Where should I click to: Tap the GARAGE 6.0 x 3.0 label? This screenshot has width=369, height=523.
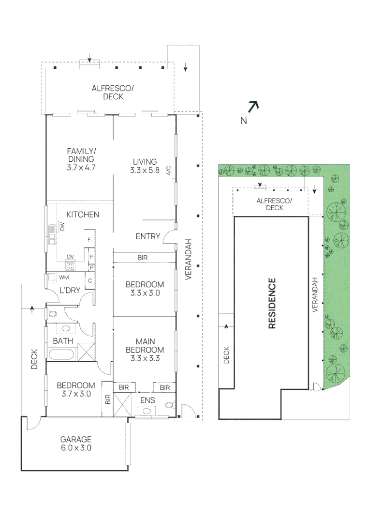[76, 444]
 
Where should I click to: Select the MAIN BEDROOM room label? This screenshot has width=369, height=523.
[145, 350]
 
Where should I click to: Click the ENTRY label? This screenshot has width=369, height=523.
[148, 236]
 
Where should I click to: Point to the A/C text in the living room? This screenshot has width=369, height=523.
[169, 170]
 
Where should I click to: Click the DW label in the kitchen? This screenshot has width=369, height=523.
[62, 226]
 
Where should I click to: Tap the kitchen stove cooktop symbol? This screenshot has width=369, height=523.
[70, 265]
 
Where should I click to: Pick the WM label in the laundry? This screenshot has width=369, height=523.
[63, 278]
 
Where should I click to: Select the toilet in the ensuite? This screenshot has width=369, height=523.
[169, 404]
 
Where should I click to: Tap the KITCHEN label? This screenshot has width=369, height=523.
[83, 215]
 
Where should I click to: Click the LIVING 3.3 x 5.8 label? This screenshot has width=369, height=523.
[145, 166]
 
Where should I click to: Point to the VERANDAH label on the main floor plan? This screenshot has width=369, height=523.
[189, 260]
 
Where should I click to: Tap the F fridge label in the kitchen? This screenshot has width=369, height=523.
[89, 240]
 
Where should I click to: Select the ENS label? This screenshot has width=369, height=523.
[148, 400]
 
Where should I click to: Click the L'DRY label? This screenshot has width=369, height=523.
[69, 290]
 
